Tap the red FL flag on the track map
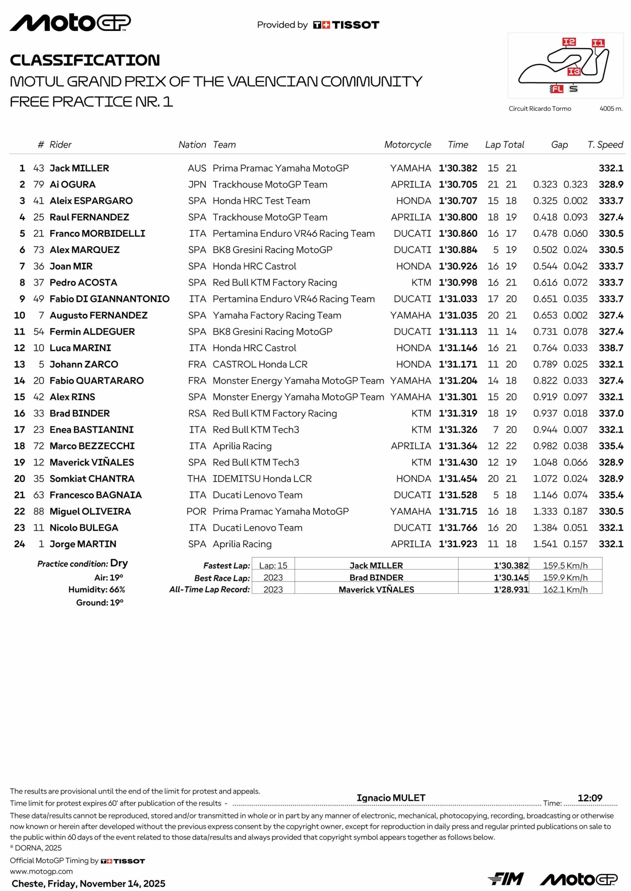(557, 89)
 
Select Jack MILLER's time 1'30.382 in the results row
(458, 168)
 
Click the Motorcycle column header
(408, 144)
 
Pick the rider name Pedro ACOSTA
(83, 283)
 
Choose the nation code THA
(197, 479)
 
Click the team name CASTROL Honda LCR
(260, 364)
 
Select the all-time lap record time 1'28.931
(511, 590)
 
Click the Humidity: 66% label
(97, 590)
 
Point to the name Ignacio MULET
(391, 798)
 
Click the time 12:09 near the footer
(590, 798)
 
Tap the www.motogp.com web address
(41, 871)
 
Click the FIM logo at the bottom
(505, 879)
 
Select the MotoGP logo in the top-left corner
(70, 23)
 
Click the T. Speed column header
(605, 144)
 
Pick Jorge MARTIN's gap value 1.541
(545, 544)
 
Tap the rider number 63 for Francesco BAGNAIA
(39, 495)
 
